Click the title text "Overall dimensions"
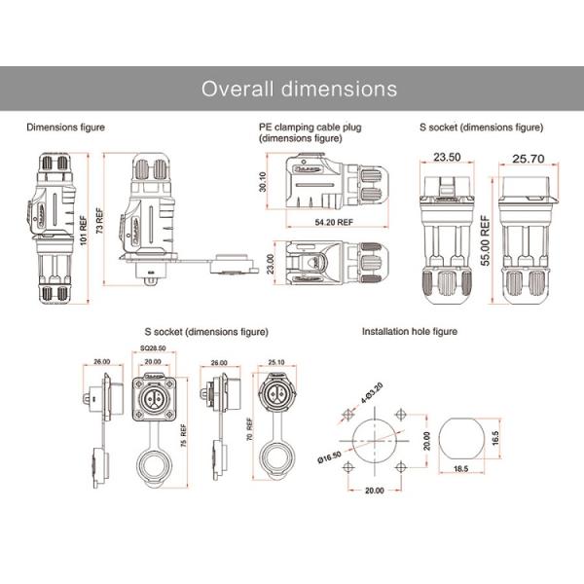click(299, 89)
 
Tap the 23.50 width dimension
click(447, 156)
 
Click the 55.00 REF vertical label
click(484, 236)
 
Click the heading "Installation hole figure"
click(409, 331)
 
